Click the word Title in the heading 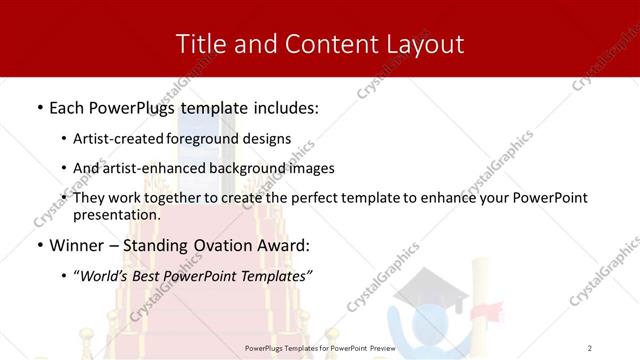click(x=199, y=44)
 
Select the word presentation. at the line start click(x=117, y=214)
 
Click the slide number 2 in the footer click(x=590, y=348)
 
